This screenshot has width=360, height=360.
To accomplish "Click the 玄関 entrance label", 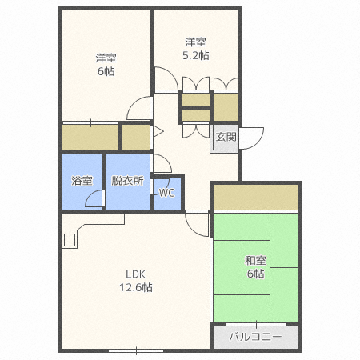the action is [226, 137].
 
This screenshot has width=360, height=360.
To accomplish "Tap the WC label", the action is [167, 193].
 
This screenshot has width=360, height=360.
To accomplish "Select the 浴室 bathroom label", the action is [82, 181].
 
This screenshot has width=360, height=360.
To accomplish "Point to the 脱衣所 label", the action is [127, 181].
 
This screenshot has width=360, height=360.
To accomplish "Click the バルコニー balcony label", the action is [256, 337].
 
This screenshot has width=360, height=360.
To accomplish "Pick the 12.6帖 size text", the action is [136, 287].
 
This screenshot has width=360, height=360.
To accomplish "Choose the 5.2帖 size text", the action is [196, 55].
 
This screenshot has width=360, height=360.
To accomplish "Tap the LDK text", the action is [135, 274].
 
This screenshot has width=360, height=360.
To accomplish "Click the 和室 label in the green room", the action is [255, 261].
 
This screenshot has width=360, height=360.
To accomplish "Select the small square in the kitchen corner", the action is [70, 240].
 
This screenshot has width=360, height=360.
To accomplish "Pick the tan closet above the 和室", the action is [256, 197].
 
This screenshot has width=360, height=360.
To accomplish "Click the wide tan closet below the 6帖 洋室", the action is [90, 137].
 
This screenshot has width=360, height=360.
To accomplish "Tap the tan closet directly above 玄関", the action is [226, 107].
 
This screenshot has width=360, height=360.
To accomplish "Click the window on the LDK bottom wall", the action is [136, 350].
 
